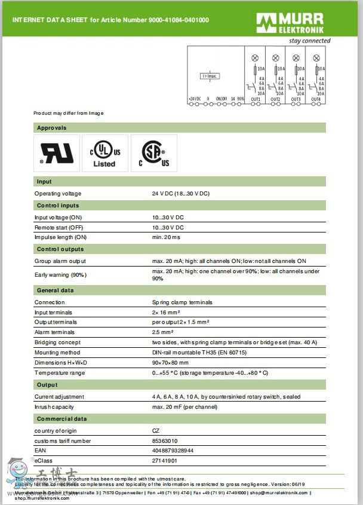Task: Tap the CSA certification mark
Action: tap(154, 154)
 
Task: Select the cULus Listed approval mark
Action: tap(104, 154)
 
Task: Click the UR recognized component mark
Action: tap(57, 154)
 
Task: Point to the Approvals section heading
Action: tap(52, 128)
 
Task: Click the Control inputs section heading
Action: tap(58, 206)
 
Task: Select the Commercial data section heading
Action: tap(61, 419)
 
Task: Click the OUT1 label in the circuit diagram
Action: tap(256, 99)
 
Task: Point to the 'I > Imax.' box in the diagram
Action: tap(210, 76)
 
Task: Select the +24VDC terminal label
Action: tap(195, 99)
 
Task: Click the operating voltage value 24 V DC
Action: tap(181, 194)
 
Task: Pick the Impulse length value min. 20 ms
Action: tap(166, 237)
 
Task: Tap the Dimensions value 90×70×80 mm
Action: tap(170, 363)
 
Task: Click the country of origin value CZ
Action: tap(156, 431)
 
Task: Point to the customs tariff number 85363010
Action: tap(165, 441)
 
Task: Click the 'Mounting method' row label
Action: tap(57, 353)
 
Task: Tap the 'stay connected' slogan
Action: tap(309, 41)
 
